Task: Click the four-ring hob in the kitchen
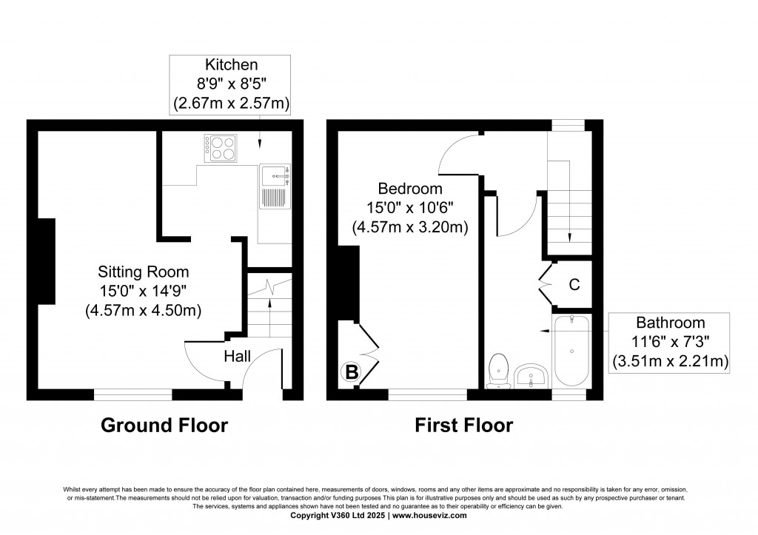221,148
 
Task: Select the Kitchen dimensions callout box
230,85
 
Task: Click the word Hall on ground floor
238,357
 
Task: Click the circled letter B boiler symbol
352,373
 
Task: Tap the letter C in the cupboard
574,285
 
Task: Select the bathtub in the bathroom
572,351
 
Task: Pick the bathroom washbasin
531,377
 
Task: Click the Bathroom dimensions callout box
669,342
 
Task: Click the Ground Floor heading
164,425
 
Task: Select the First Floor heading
464,425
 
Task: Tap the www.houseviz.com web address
429,515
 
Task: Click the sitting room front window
133,394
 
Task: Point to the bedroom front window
428,394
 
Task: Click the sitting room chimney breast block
47,261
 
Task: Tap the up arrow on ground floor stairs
269,317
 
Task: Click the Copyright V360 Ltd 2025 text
338,515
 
